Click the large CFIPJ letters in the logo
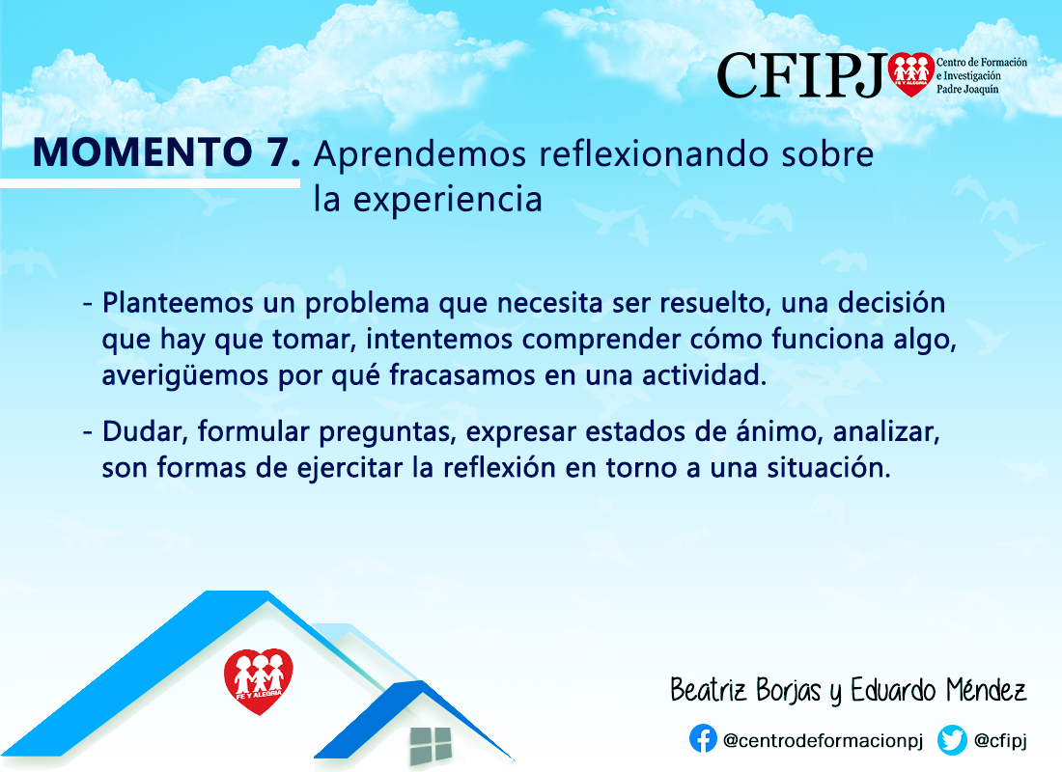(x=802, y=76)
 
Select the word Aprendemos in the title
(x=420, y=155)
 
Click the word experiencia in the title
(x=448, y=200)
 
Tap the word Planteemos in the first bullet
(x=179, y=303)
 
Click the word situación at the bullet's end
(x=828, y=468)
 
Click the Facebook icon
(x=703, y=739)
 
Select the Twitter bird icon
(x=952, y=740)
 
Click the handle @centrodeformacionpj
(x=823, y=741)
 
